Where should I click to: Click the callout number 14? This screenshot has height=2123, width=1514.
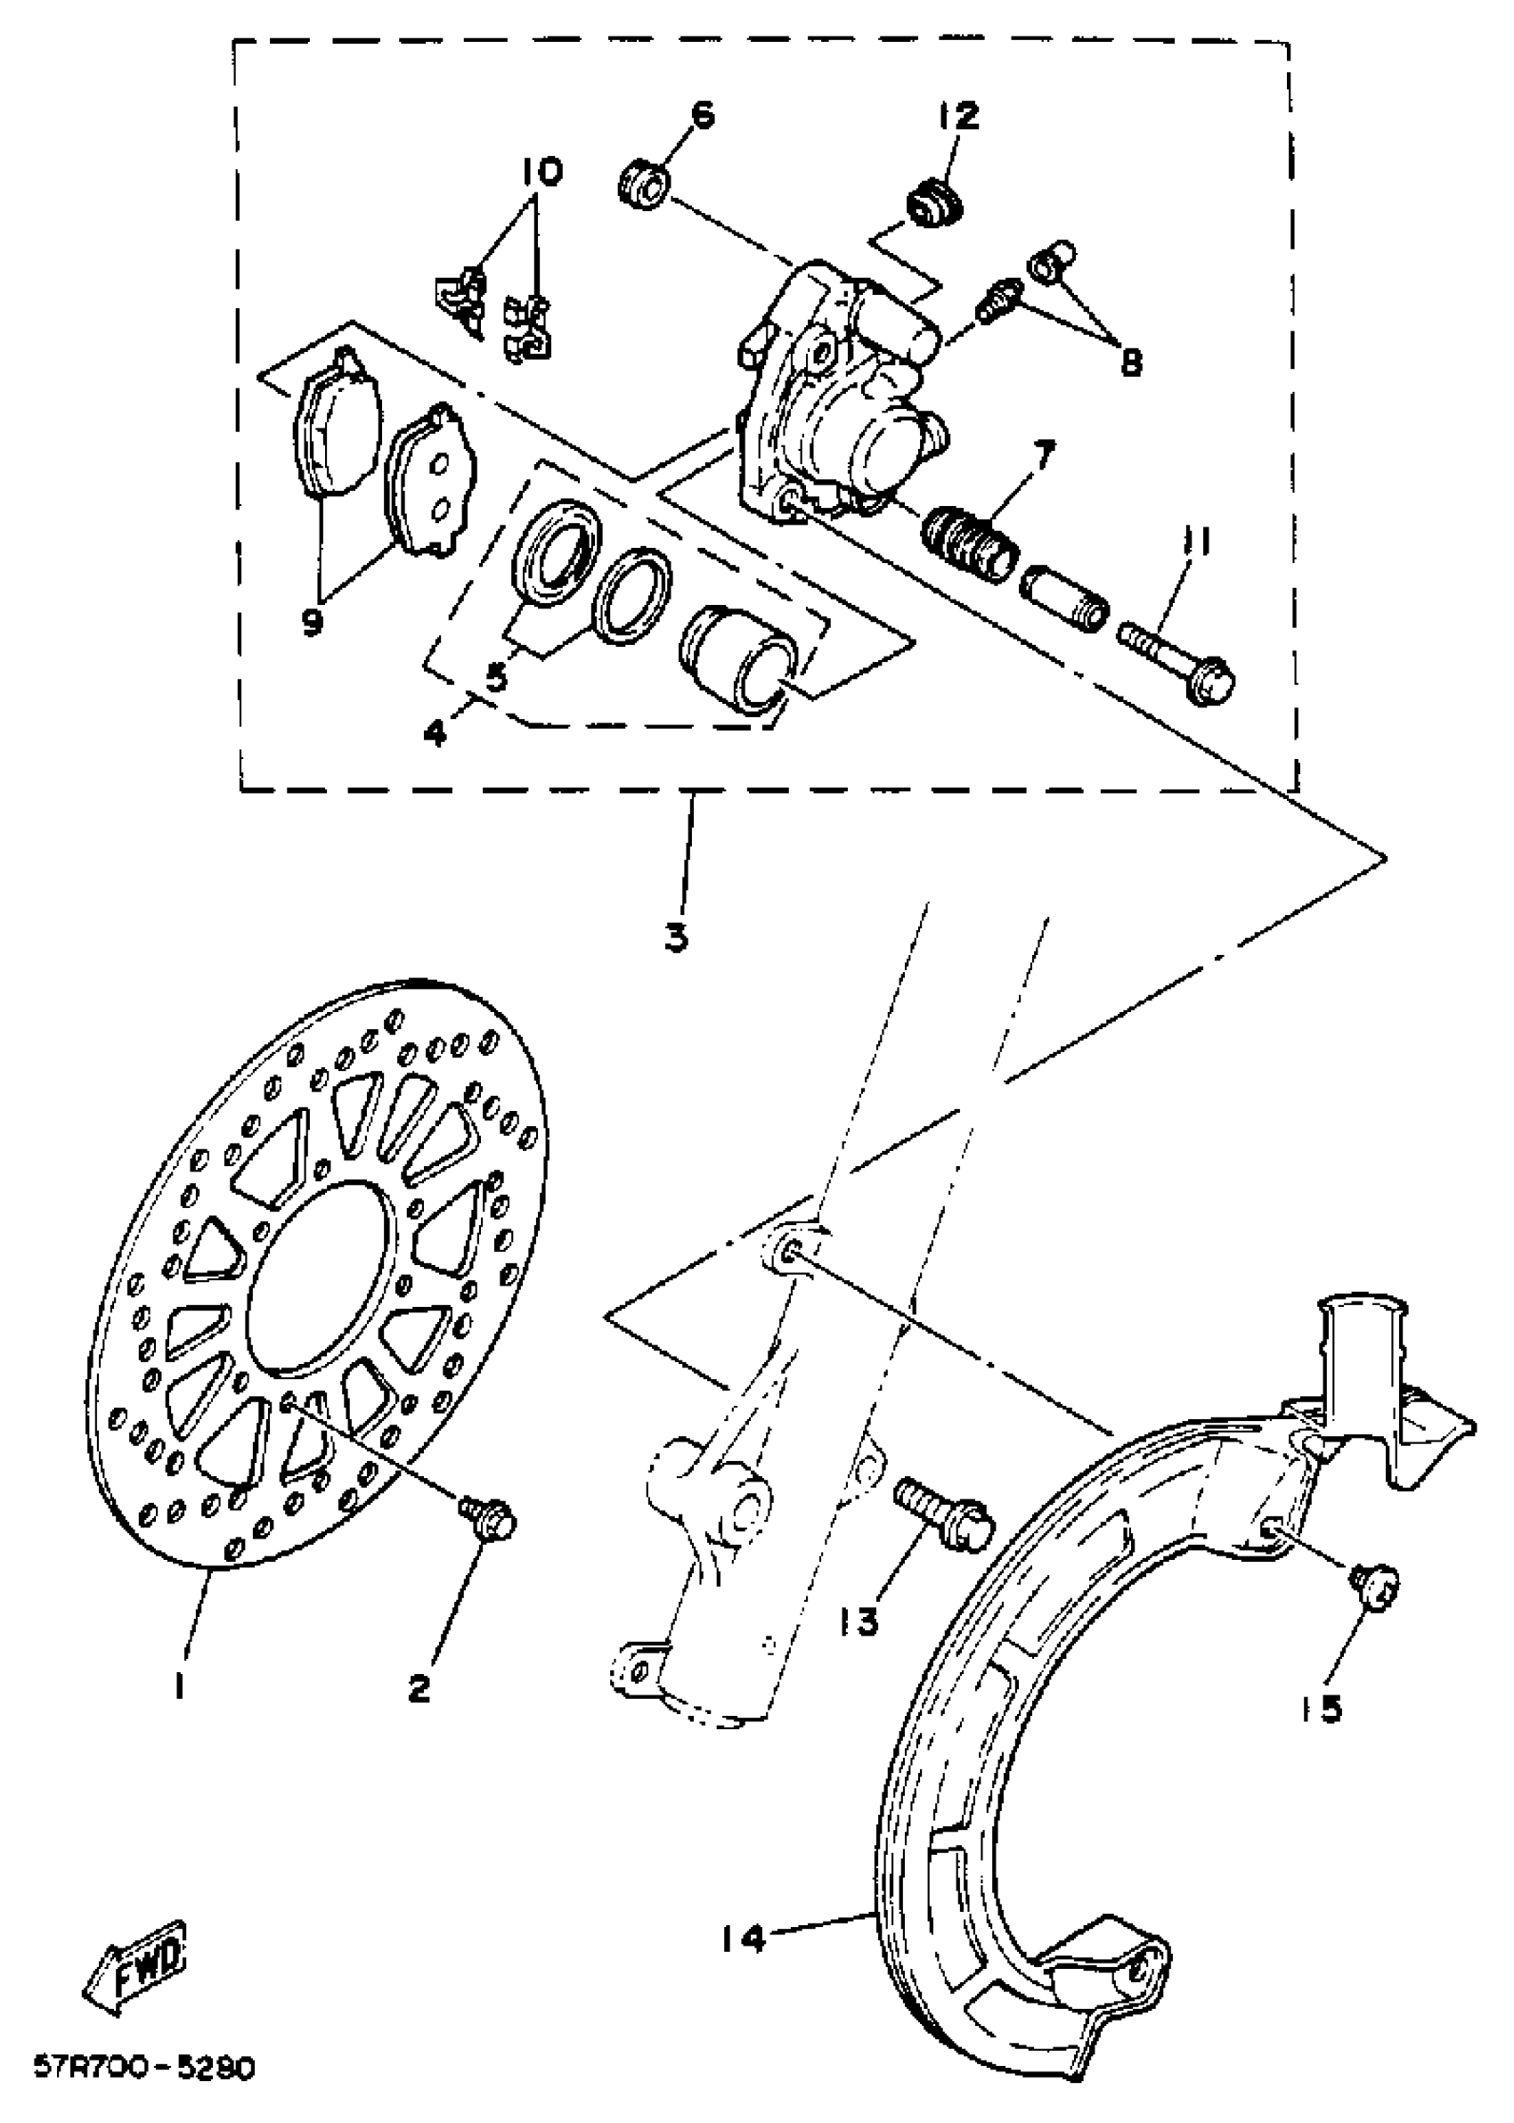742,1937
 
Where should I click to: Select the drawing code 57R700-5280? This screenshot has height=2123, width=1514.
143,2068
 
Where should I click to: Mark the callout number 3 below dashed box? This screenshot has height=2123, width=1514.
677,935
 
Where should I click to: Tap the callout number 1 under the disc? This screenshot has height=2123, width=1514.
179,1686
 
